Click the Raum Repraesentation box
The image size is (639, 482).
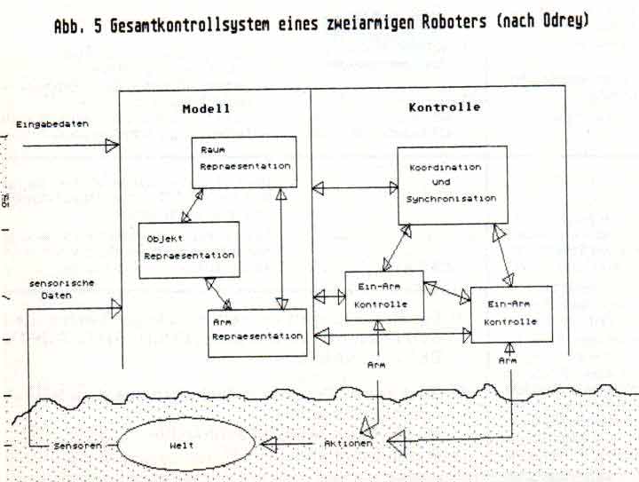(241, 161)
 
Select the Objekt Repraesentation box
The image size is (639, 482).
(189, 248)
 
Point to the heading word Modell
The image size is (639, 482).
(207, 108)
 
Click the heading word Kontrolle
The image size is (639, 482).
(444, 107)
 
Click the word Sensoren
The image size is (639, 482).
(74, 442)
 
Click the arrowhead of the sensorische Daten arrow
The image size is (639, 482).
(114, 309)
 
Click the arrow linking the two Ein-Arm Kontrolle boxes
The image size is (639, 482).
(446, 293)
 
